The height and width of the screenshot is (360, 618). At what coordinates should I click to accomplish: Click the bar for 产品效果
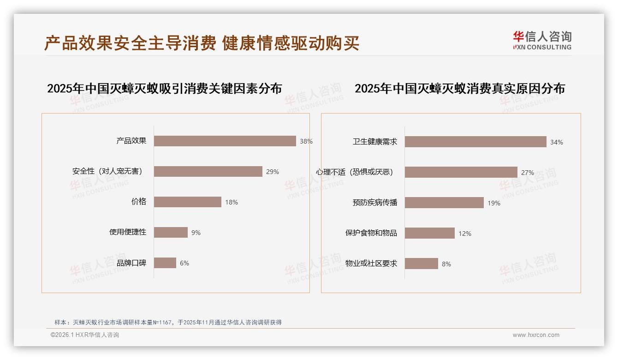point(225,141)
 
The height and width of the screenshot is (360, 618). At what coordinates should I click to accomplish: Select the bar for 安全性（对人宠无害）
point(208,171)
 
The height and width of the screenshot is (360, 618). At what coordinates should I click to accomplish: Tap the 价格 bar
point(187,202)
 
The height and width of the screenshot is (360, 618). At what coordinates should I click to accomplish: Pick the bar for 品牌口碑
point(165,263)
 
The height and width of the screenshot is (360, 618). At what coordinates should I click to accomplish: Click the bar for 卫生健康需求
point(475,142)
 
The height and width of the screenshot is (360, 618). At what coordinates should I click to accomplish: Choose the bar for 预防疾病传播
point(444,203)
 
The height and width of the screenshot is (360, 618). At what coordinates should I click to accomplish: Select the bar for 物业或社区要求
point(421,264)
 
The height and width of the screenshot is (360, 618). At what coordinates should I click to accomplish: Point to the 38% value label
point(306,141)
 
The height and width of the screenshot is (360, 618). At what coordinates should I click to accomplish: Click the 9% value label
point(196,233)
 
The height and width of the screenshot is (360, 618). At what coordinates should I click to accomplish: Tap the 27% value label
point(527,173)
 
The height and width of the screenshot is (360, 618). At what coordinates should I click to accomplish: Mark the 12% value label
point(464,234)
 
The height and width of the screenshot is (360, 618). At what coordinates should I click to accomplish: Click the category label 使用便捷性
point(128,232)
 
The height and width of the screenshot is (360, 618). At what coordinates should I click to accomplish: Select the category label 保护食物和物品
point(371,233)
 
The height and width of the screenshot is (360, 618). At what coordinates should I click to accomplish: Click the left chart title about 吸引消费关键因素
point(164,88)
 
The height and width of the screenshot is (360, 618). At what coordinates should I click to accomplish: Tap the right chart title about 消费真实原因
point(459,88)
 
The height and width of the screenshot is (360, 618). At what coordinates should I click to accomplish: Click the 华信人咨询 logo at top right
point(542,41)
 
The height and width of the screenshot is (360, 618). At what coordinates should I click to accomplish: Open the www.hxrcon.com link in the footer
point(536,335)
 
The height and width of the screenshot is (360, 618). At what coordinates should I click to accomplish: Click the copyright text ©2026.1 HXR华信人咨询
point(85,335)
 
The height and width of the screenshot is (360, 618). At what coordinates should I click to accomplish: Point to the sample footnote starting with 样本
point(168,322)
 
